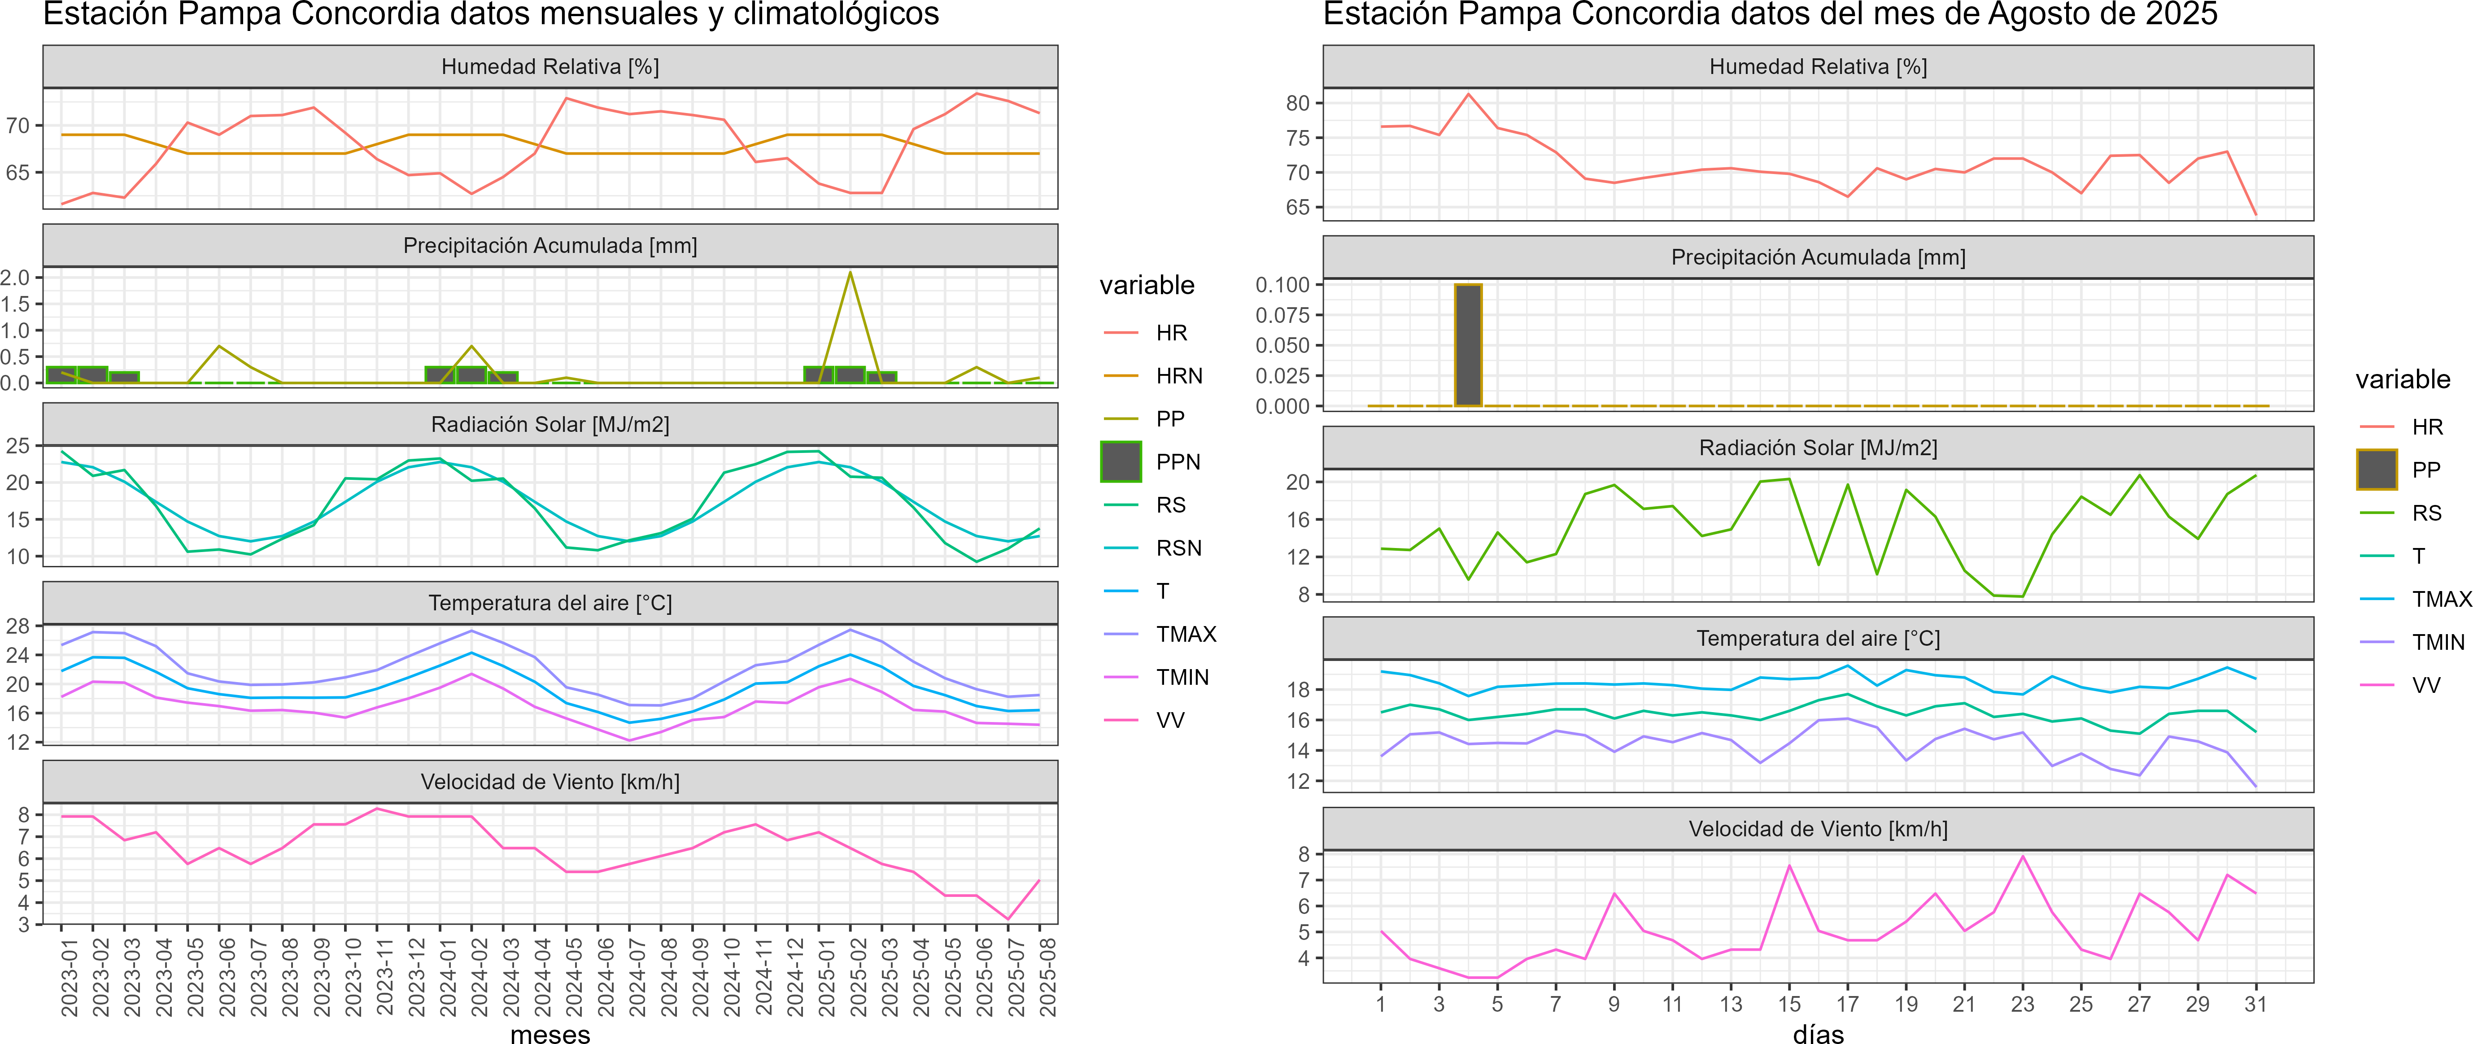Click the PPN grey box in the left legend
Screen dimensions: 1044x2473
[1121, 461]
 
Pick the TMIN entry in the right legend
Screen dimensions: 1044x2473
[2438, 642]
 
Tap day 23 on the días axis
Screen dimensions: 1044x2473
[2023, 1004]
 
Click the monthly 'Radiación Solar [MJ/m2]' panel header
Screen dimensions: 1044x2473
[550, 424]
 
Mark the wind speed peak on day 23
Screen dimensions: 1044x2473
[2023, 856]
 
